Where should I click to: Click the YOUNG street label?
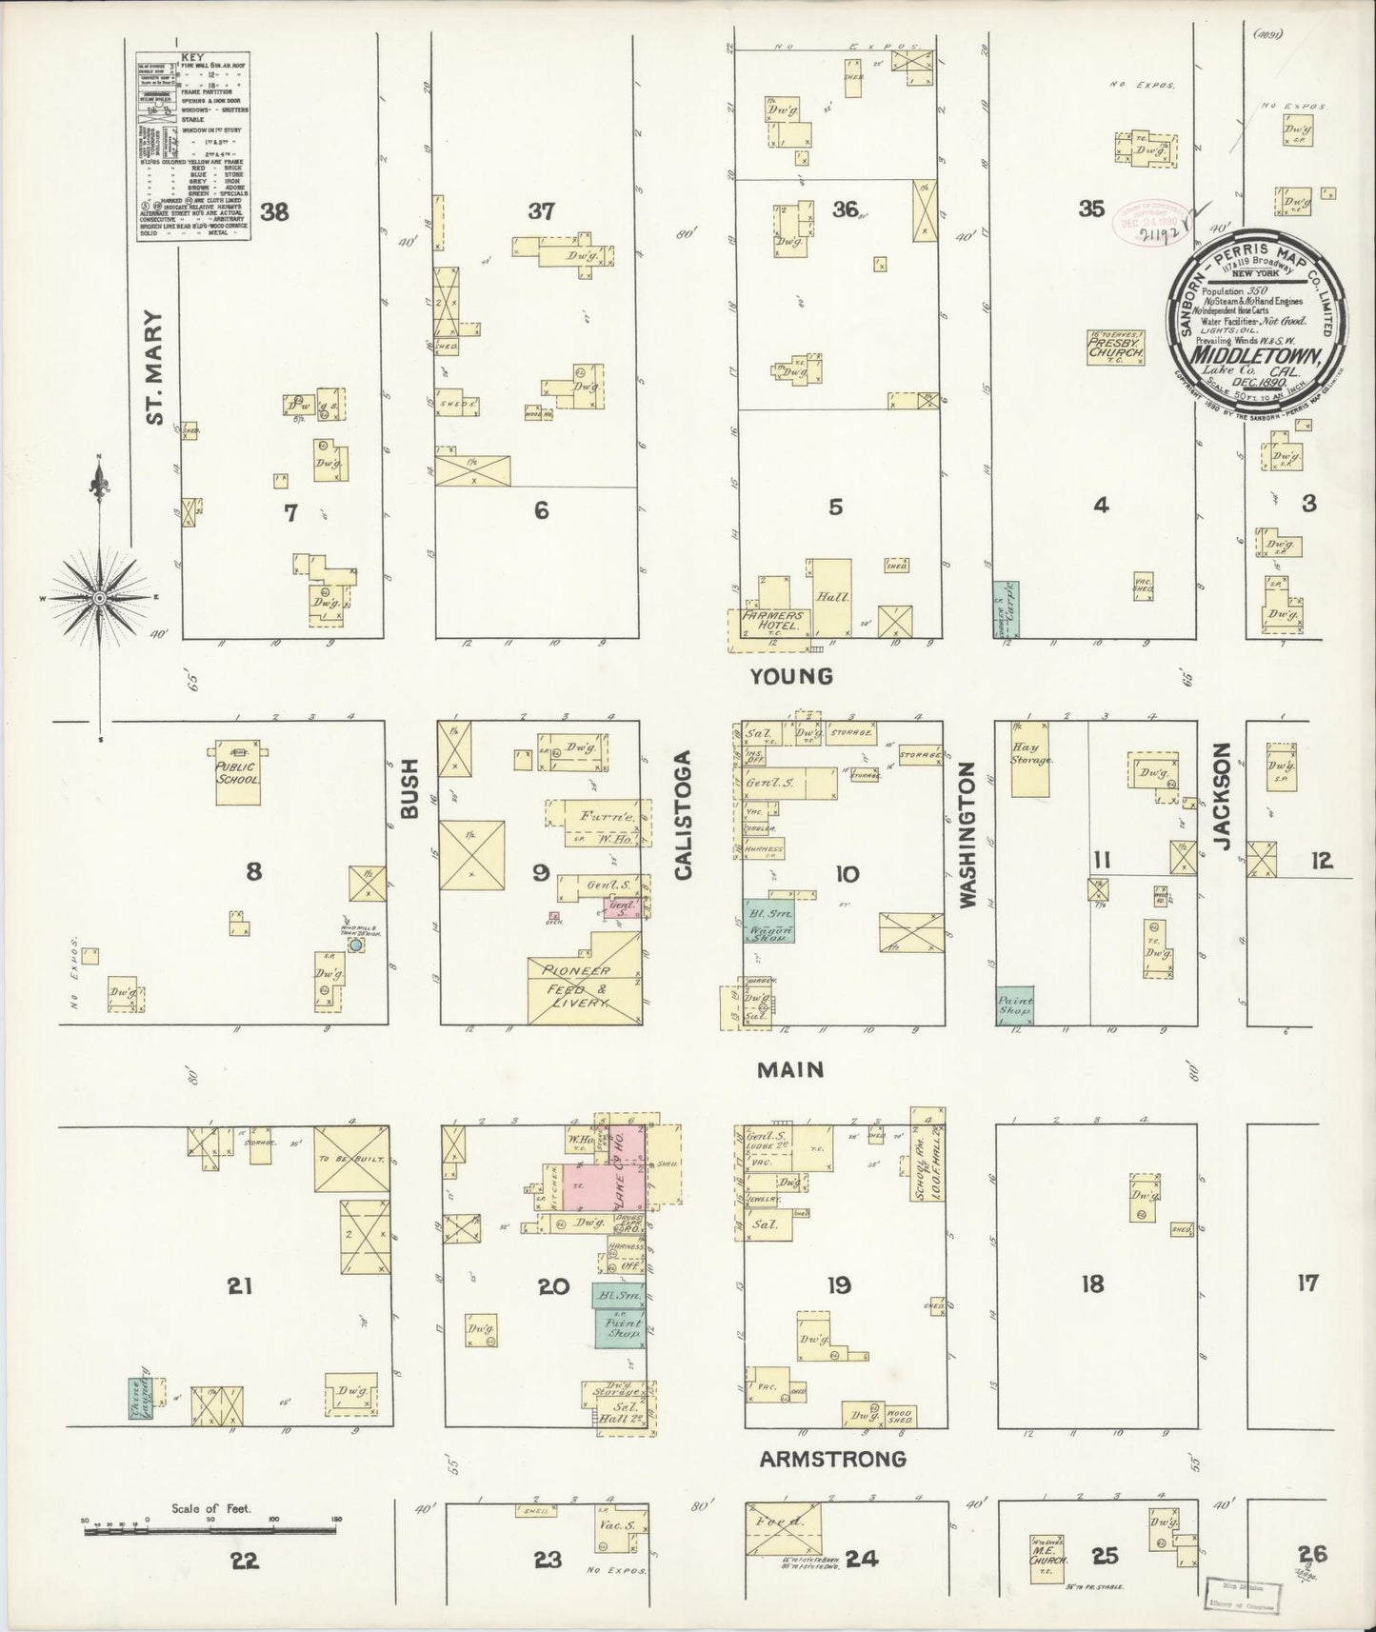790,676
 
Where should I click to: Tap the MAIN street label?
790,1070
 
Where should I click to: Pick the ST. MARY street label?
155,367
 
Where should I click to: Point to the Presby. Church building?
1116,347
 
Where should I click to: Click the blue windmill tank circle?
355,945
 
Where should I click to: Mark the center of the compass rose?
98,597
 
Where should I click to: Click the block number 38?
274,211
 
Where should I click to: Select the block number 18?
1092,1284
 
